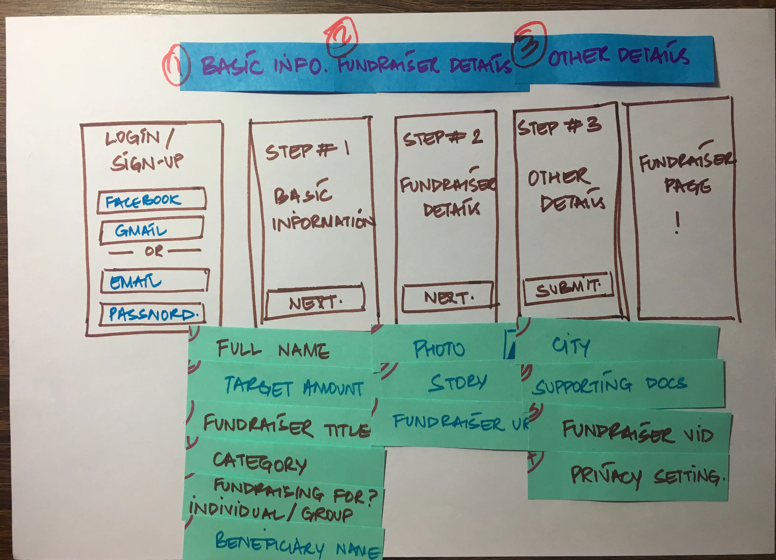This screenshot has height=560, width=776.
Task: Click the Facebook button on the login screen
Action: point(151,201)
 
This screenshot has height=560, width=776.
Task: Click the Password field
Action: point(153,314)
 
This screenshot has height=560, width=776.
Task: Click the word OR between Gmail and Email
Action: point(154,251)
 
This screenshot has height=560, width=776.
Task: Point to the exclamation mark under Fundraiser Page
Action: point(677,223)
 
